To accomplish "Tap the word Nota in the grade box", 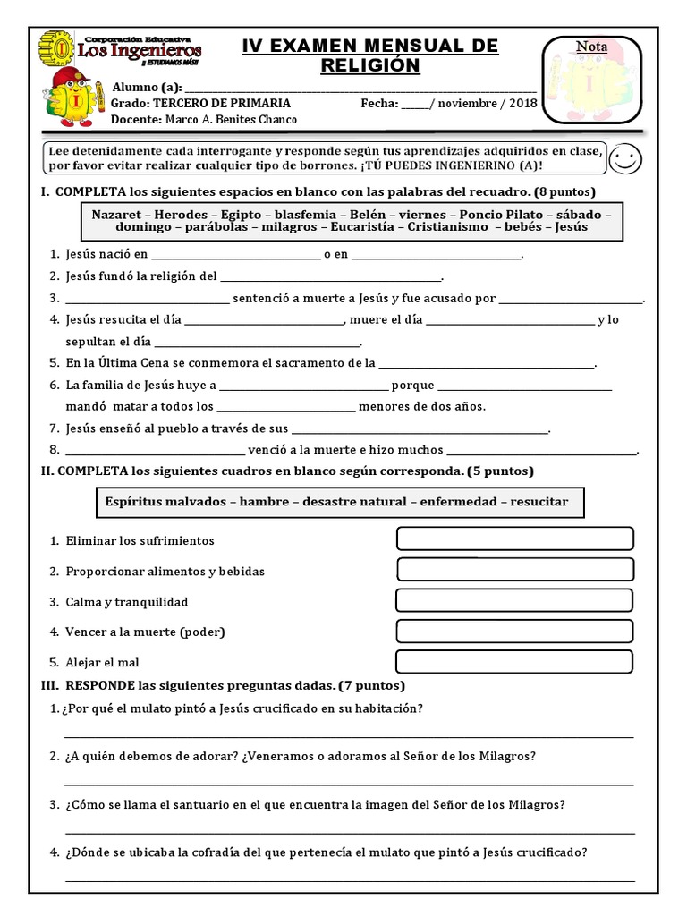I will pyautogui.click(x=591, y=47).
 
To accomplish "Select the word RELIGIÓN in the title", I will pyautogui.click(x=369, y=65).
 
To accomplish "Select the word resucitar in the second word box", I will pyautogui.click(x=539, y=502).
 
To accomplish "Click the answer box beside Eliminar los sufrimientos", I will pyautogui.click(x=514, y=539).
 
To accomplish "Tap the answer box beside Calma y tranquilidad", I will pyautogui.click(x=514, y=600).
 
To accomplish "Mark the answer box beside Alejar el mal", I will pyautogui.click(x=514, y=662).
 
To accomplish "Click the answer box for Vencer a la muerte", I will pyautogui.click(x=514, y=632).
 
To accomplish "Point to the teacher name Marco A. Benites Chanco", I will pyautogui.click(x=229, y=119).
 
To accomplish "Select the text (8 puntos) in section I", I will pyautogui.click(x=564, y=192).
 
